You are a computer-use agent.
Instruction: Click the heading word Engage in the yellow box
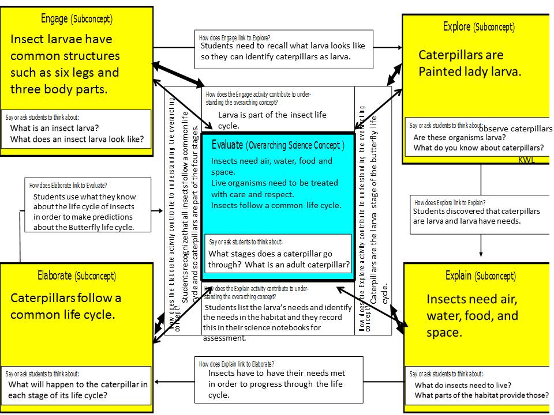click(x=54, y=18)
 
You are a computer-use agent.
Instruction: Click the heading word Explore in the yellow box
click(x=456, y=27)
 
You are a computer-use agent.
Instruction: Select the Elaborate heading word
click(x=57, y=276)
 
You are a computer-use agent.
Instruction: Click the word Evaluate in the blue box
click(x=227, y=144)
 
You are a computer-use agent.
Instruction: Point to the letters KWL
click(x=526, y=160)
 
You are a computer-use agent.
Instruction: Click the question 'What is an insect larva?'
click(x=55, y=128)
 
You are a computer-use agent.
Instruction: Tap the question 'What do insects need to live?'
click(x=463, y=385)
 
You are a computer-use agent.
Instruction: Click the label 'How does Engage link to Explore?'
click(x=234, y=37)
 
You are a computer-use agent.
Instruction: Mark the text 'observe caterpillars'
click(x=515, y=129)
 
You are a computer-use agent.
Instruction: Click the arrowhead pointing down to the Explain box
click(x=481, y=254)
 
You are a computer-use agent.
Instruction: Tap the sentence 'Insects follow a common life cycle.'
click(x=276, y=205)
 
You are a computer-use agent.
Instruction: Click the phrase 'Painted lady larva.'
click(x=470, y=72)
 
